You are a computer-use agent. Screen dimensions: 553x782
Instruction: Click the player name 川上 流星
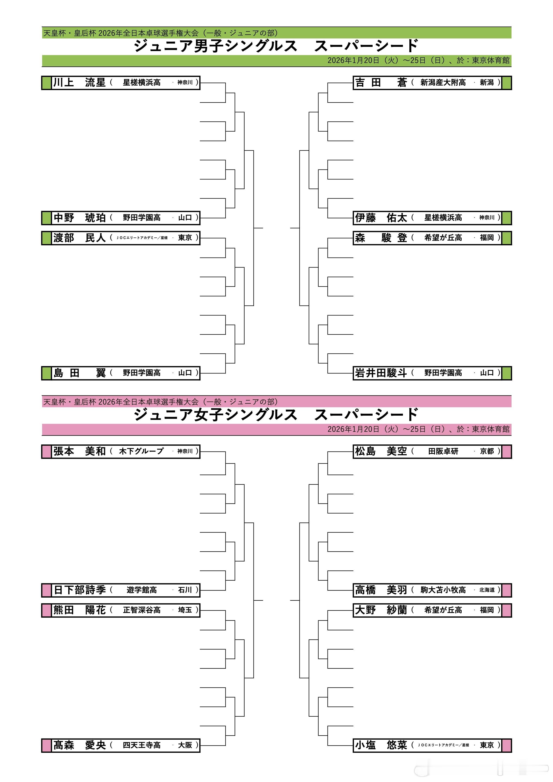79,83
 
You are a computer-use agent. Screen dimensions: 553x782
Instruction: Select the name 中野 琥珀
79,218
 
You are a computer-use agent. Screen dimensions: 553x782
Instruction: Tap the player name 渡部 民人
79,238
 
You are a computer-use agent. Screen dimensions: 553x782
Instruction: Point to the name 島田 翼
79,373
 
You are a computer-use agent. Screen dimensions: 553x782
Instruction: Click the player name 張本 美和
79,451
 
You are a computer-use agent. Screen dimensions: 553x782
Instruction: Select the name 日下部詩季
79,590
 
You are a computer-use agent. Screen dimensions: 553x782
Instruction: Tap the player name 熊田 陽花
79,610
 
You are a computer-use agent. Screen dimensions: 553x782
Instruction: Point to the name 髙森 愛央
79,745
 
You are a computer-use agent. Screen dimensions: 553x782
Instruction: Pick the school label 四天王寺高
142,745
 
